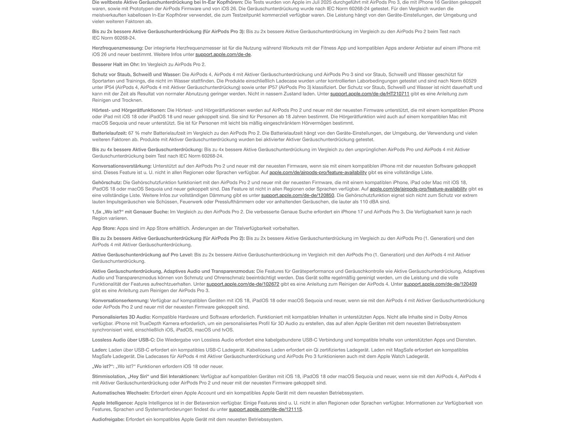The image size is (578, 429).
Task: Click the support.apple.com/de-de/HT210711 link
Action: [x=370, y=94]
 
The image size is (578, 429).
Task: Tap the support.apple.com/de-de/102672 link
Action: [x=243, y=284]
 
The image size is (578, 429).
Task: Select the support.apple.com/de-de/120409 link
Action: [x=440, y=284]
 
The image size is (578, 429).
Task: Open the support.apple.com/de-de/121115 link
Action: [x=265, y=409]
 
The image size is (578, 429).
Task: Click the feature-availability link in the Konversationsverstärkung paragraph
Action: [x=318, y=172]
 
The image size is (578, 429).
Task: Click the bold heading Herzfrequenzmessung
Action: [x=118, y=48]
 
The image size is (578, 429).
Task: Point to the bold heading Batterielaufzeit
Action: [x=109, y=133]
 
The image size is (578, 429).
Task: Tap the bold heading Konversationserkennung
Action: [x=120, y=301]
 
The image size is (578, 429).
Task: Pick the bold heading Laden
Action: [x=99, y=350]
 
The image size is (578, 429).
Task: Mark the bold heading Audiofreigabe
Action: [x=108, y=419]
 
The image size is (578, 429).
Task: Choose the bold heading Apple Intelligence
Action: [x=113, y=403]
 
